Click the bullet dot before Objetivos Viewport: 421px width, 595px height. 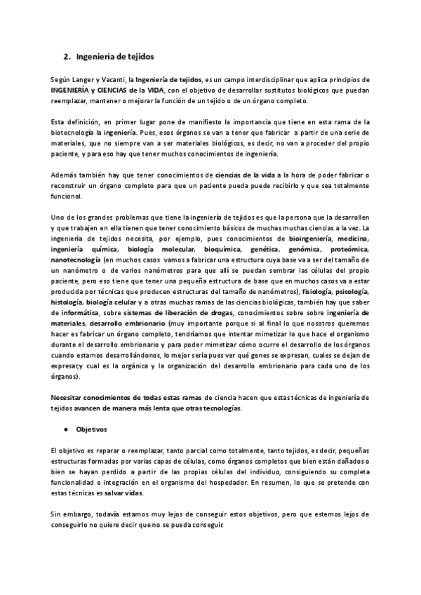pos(64,429)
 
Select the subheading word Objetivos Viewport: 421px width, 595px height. pos(91,429)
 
